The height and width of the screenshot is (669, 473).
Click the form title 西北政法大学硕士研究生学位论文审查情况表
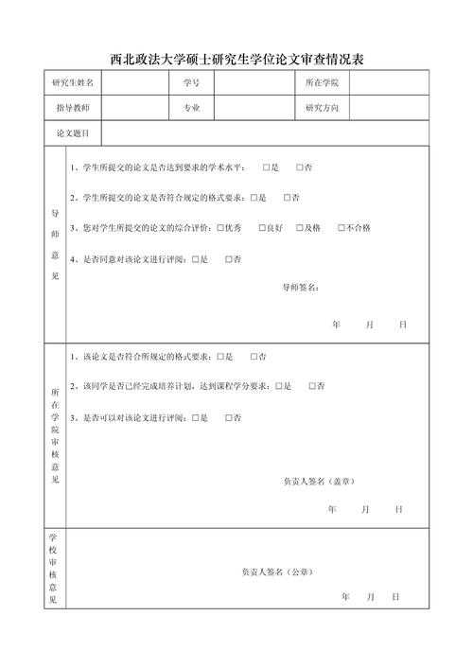(x=236, y=59)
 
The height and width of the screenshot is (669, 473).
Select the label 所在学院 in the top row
(x=322, y=83)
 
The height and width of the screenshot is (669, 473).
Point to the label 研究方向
(x=322, y=109)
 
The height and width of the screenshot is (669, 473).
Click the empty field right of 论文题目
(x=265, y=134)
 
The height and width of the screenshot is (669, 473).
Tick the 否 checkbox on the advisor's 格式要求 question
(x=286, y=198)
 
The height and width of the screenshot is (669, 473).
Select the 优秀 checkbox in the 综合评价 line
(x=219, y=228)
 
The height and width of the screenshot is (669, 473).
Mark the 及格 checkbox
(x=300, y=228)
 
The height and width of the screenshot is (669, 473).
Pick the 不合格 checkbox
(x=342, y=228)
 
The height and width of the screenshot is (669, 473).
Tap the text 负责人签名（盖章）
(x=319, y=481)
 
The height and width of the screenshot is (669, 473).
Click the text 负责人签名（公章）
(x=275, y=572)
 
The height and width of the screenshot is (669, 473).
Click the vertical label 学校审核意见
(x=54, y=568)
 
